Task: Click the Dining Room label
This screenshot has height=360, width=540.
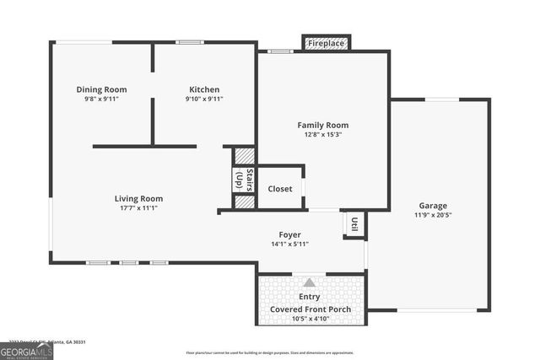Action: pyautogui.click(x=101, y=89)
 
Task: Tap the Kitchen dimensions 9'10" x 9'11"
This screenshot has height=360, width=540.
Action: pyautogui.click(x=203, y=99)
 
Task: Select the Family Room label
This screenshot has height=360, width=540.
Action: pyautogui.click(x=321, y=124)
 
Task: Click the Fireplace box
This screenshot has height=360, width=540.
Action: pyautogui.click(x=325, y=43)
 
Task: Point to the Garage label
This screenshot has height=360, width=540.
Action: pyautogui.click(x=433, y=205)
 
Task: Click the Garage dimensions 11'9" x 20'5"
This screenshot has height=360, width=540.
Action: pyautogui.click(x=433, y=215)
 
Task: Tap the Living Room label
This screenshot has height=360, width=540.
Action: pyautogui.click(x=138, y=198)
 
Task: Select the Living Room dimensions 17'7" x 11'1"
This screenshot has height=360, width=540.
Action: pyautogui.click(x=138, y=208)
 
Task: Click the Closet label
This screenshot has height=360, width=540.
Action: pyautogui.click(x=280, y=189)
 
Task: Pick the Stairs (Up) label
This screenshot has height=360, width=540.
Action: pyautogui.click(x=244, y=180)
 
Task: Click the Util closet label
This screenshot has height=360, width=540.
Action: pyautogui.click(x=354, y=223)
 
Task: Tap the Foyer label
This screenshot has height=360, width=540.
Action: pyautogui.click(x=290, y=234)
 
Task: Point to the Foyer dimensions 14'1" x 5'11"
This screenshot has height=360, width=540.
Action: pyautogui.click(x=290, y=244)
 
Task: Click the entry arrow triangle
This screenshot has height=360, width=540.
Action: pyautogui.click(x=310, y=283)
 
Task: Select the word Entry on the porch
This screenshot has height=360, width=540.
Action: pyautogui.click(x=310, y=297)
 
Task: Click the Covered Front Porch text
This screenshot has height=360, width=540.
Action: pyautogui.click(x=310, y=309)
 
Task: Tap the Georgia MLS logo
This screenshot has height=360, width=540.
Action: pyautogui.click(x=26, y=351)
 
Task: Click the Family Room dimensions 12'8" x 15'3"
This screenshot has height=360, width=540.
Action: pyautogui.click(x=321, y=134)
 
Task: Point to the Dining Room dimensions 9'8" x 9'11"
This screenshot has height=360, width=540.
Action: pyautogui.click(x=101, y=99)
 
